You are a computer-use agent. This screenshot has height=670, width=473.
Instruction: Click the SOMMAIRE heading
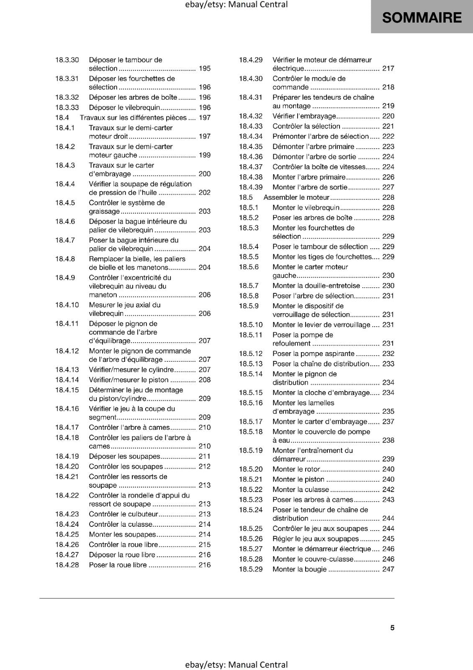422,18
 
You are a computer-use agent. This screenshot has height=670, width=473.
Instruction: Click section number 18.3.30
67,60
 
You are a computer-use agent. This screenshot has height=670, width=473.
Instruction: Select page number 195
205,69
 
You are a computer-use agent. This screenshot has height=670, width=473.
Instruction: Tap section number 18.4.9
65,278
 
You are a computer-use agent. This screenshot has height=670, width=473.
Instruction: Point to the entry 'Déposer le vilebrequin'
124,108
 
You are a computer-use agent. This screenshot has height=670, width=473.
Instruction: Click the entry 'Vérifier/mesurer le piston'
129,380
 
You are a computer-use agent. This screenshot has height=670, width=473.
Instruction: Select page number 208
205,380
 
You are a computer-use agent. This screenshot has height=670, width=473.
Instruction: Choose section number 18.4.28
67,565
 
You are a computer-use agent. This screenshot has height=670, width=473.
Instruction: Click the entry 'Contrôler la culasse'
121,524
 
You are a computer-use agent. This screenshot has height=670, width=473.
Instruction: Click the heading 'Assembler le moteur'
296,197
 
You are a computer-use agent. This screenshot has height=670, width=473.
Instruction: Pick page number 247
388,569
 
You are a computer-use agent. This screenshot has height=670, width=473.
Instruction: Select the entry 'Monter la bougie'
299,569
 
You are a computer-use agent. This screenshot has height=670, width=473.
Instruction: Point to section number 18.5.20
251,469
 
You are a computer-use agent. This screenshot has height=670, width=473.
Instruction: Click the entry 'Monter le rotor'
296,469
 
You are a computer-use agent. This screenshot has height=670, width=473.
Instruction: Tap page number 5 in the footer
392,628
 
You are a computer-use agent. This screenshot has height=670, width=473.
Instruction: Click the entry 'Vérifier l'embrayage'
304,116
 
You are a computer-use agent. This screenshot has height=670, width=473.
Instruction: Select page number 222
388,137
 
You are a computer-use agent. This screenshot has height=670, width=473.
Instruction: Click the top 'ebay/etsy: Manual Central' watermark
236,5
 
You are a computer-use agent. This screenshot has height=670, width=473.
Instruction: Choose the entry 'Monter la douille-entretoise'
316,286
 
